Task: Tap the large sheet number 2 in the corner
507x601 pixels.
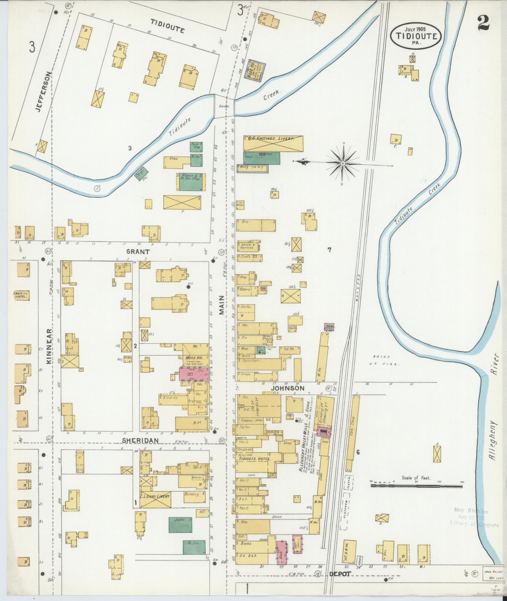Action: click(x=485, y=23)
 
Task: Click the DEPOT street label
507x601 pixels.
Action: click(x=340, y=574)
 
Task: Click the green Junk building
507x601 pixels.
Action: click(x=180, y=525)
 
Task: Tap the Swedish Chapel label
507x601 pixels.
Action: click(x=21, y=294)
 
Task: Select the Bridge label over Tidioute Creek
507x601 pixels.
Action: click(x=224, y=107)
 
